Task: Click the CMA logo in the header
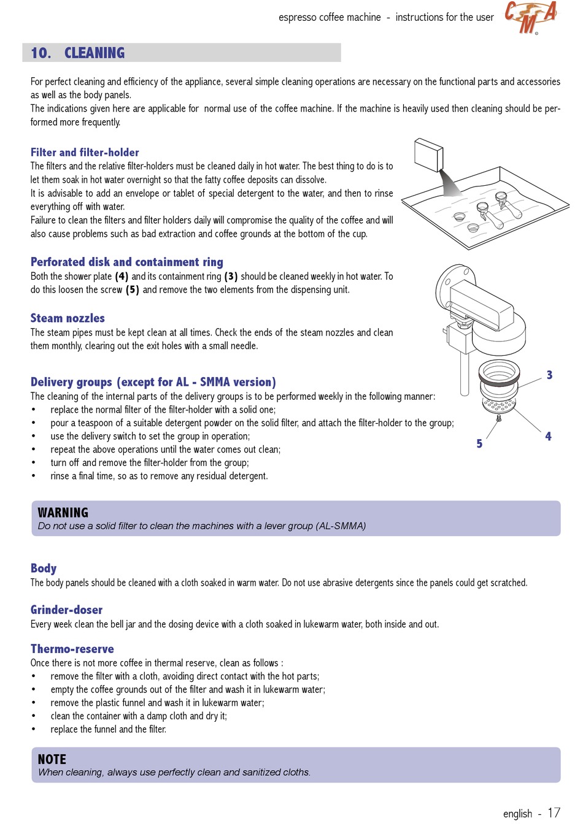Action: (x=531, y=17)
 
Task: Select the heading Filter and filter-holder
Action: (x=85, y=152)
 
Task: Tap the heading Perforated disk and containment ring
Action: (x=126, y=262)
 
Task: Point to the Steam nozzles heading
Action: (x=68, y=318)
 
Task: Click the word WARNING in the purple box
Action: (x=63, y=513)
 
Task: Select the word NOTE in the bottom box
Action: (x=52, y=759)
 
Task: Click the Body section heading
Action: (x=44, y=568)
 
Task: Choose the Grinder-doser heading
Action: (x=66, y=610)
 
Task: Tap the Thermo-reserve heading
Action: (x=72, y=649)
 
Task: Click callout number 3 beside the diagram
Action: (x=549, y=375)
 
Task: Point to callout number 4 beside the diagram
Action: (x=548, y=436)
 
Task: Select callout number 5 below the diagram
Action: (x=479, y=443)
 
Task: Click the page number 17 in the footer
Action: (x=554, y=813)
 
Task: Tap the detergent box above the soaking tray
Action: (x=428, y=155)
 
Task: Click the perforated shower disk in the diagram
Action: (x=498, y=405)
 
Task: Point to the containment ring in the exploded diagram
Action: (x=498, y=374)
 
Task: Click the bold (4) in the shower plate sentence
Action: (x=122, y=277)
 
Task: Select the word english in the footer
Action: (x=517, y=814)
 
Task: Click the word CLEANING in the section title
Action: (x=95, y=53)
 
